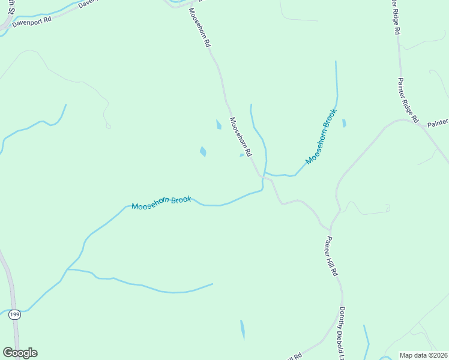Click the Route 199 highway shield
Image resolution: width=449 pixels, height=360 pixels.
tap(15, 314)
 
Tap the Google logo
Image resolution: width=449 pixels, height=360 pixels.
tap(20, 353)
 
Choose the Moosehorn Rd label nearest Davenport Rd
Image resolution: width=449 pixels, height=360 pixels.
tap(199, 28)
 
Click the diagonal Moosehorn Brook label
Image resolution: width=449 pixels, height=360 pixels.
tap(322, 136)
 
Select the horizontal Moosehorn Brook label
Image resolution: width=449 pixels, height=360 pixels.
tap(161, 203)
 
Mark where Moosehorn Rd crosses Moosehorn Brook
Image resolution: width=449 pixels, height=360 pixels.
tap(262, 175)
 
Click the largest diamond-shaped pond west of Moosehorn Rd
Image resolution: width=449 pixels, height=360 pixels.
tap(203, 151)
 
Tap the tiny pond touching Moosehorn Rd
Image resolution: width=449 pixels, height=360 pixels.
tap(242, 155)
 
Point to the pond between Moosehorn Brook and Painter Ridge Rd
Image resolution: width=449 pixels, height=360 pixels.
tap(344, 123)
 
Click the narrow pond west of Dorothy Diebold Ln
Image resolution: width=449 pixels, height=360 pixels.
tap(243, 329)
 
